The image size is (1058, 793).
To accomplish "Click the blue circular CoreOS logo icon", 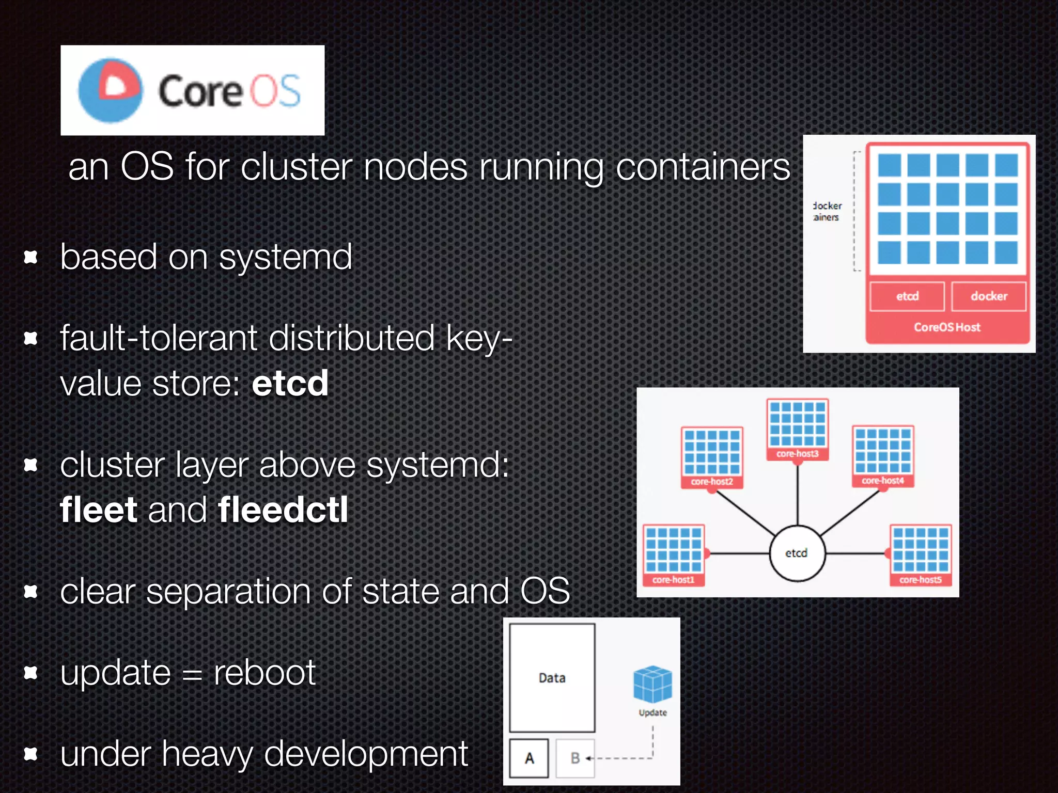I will tap(110, 90).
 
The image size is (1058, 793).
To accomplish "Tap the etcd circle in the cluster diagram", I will tap(797, 553).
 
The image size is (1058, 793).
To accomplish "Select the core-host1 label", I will tap(673, 580).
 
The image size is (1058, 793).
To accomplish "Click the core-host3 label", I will tap(797, 454).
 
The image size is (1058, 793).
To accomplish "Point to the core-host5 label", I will tap(920, 580).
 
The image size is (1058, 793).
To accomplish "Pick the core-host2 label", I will tap(712, 482).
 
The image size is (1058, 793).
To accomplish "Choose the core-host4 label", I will tap(882, 481).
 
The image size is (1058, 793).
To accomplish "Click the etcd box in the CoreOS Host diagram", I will tap(907, 296).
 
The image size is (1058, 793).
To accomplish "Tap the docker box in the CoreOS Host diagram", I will tap(989, 296).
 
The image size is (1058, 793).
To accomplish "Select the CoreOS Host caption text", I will tap(947, 327).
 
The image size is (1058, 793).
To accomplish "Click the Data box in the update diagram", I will tap(552, 677).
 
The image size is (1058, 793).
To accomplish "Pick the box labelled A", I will tap(529, 758).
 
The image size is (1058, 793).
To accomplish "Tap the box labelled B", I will tap(575, 758).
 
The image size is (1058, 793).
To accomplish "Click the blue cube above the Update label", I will tap(652, 684).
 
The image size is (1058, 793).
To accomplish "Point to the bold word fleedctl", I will tap(283, 510).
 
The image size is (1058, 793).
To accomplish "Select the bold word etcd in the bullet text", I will tap(290, 384).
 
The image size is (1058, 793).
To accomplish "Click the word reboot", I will tap(264, 673).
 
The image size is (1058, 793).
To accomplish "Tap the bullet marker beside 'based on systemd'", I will tap(31, 257).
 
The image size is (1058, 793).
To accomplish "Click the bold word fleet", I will tap(99, 510).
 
